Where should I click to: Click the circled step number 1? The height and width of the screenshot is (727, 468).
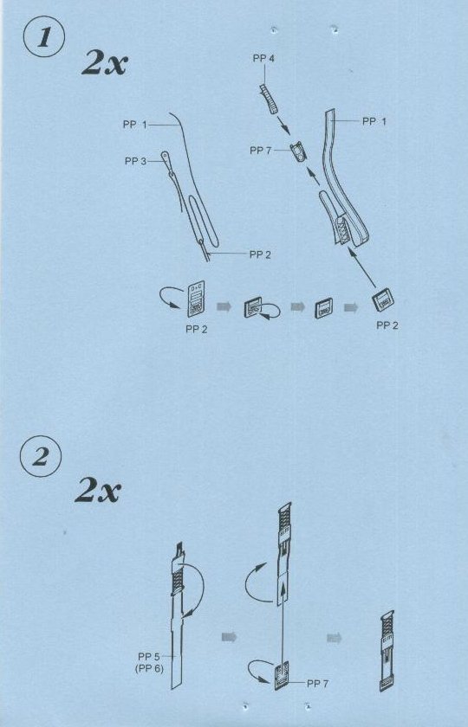(x=42, y=38)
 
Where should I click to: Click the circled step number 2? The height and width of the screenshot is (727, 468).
(x=41, y=458)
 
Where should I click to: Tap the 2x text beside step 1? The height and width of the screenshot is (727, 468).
(x=104, y=62)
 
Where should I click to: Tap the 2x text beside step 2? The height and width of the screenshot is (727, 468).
(x=97, y=491)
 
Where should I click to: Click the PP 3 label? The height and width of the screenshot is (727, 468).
(x=135, y=161)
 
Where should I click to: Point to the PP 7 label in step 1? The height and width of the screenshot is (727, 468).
(x=261, y=151)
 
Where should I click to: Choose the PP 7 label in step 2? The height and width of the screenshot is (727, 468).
(x=317, y=684)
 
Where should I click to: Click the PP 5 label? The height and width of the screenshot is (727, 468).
(x=149, y=657)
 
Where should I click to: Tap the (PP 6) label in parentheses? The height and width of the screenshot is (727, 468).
(x=149, y=668)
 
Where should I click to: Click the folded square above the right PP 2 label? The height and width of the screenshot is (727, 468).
(x=383, y=299)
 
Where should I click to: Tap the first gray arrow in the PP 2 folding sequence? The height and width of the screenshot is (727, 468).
(x=224, y=306)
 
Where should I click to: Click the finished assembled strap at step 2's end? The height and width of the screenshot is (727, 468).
(x=387, y=651)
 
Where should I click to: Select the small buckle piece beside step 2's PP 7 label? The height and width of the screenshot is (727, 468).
(x=282, y=675)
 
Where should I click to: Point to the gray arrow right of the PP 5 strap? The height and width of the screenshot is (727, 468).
(x=229, y=637)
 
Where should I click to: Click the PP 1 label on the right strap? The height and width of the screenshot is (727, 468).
(x=374, y=121)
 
